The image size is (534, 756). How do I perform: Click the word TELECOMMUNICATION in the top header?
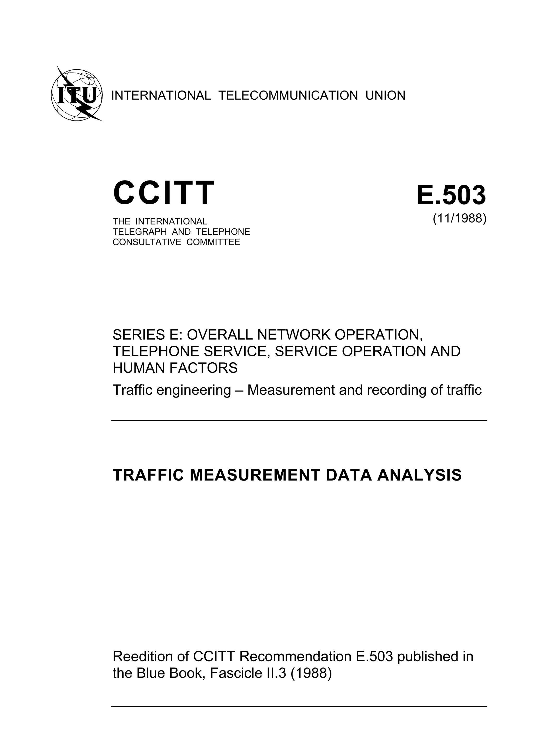point(288,96)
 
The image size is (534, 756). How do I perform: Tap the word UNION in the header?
point(385,96)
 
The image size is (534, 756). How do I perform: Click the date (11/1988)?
point(459,218)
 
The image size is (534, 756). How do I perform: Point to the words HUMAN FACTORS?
point(175,368)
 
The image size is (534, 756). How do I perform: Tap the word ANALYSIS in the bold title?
point(420,475)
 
